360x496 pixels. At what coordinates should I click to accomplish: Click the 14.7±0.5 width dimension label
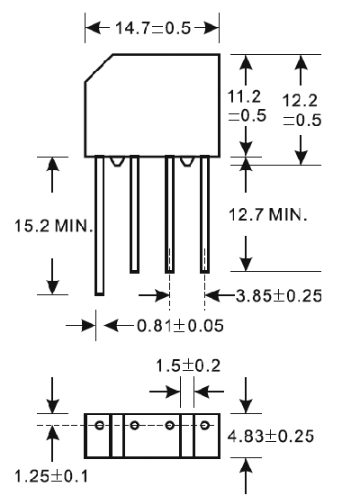153,28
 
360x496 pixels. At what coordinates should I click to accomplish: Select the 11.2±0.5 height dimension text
247,106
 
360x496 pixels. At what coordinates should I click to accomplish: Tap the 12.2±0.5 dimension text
301,110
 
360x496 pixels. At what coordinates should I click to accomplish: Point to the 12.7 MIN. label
267,215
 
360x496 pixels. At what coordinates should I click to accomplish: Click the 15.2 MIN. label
54,226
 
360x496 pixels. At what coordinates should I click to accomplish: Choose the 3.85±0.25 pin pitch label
279,296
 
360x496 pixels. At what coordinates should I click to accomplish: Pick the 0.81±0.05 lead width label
180,326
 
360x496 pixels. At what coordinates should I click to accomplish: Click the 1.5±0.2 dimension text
188,365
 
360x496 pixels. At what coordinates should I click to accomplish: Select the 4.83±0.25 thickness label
271,436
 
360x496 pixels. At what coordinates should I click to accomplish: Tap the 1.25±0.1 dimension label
51,476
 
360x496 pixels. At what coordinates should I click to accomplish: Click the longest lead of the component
99,226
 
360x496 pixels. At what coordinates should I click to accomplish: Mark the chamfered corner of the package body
98,68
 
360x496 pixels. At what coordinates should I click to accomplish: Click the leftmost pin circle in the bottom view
99,425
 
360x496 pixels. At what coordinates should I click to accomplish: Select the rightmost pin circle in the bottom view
205,425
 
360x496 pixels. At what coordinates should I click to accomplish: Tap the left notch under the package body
117,161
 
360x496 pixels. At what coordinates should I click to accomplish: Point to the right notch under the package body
187,161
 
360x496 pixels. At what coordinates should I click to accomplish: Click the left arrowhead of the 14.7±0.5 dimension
93,28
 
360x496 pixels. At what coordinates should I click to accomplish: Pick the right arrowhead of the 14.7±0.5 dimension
211,28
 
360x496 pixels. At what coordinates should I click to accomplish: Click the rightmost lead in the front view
204,214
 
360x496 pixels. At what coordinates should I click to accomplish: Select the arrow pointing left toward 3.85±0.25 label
220,295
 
